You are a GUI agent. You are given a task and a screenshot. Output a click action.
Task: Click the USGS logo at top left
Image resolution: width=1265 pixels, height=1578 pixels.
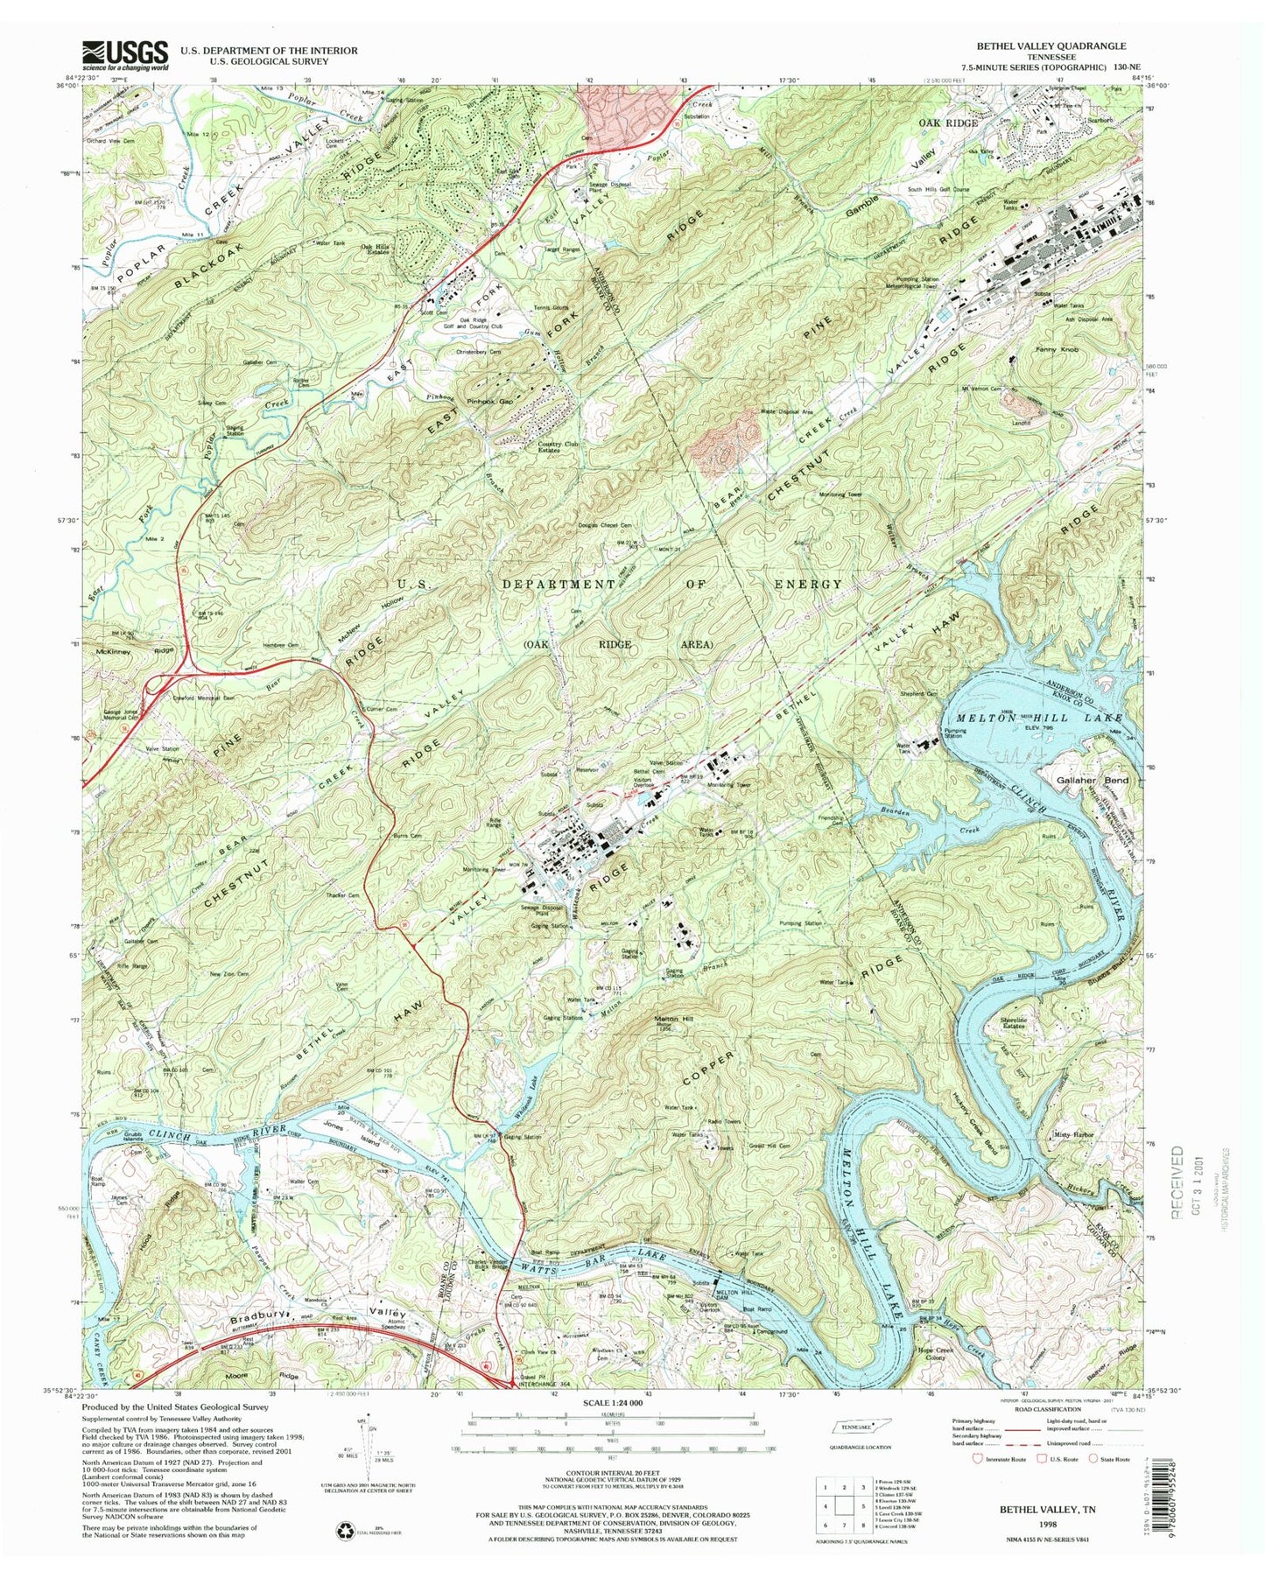tap(125, 55)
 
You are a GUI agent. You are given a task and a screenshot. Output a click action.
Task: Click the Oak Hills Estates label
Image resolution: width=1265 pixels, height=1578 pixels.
tap(376, 249)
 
